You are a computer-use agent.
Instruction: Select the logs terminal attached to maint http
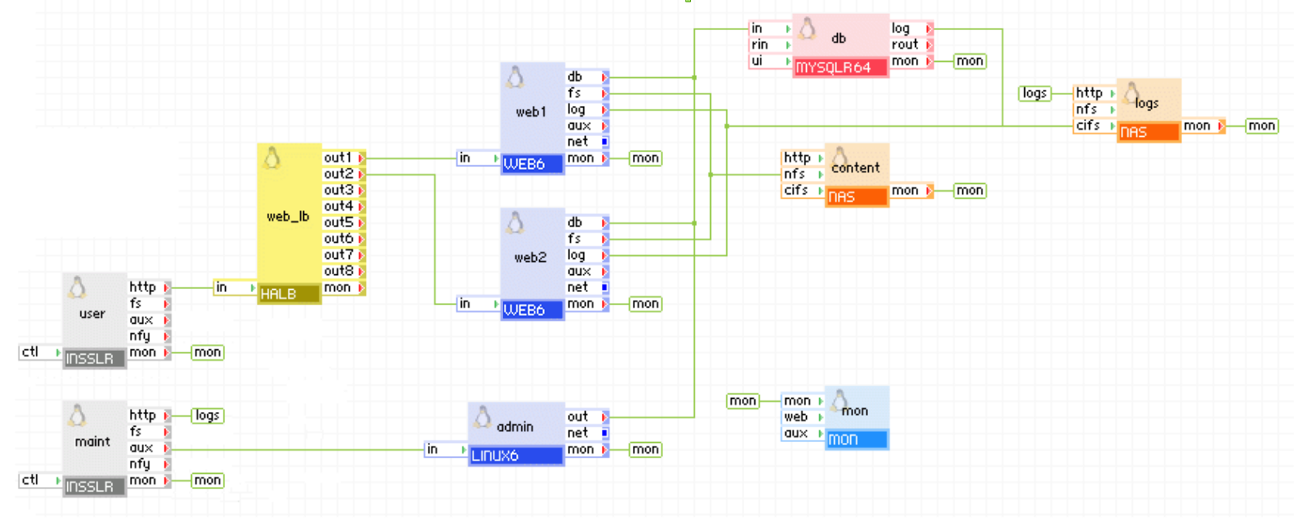207,416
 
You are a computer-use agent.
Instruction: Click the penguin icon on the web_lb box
272,158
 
